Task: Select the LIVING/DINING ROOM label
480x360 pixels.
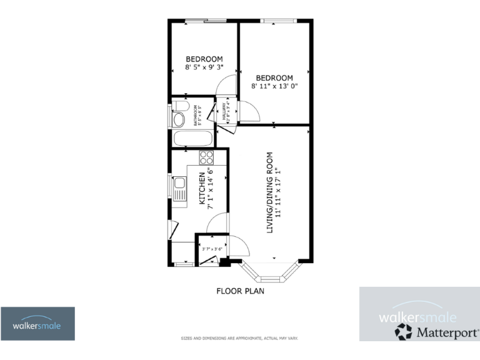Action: coord(270,192)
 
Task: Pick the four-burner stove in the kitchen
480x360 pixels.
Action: coord(206,157)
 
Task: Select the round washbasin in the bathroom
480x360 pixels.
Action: coord(179,119)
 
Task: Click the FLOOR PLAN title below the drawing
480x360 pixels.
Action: coord(240,291)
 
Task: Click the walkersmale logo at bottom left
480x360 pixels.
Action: coord(37,324)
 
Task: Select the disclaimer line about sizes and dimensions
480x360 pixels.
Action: coord(240,338)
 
